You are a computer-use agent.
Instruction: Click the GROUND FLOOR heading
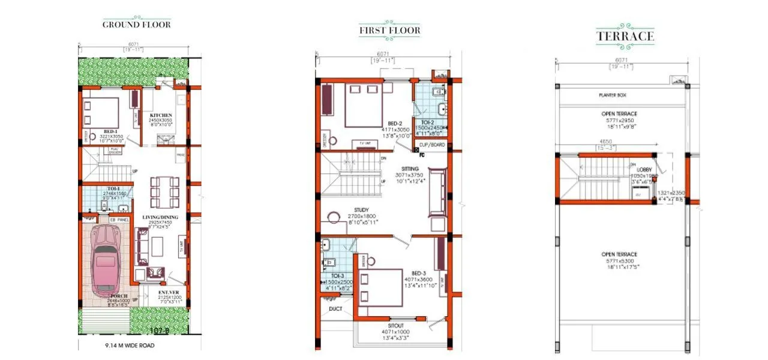click(136, 25)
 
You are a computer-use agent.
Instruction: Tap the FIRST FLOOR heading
click(390, 30)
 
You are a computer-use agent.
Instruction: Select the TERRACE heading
click(625, 36)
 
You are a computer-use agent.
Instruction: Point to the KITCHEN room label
click(161, 115)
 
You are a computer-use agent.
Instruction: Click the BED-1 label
click(110, 131)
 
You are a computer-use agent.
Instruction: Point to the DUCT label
click(335, 310)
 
